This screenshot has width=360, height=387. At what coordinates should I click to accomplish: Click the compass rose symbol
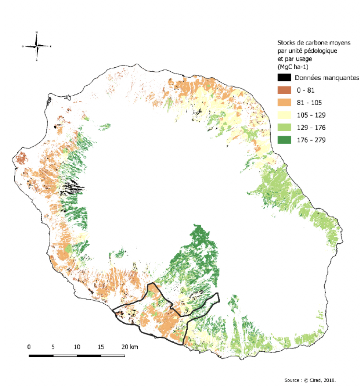(36, 46)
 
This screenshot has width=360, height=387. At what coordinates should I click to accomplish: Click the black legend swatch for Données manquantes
(284, 78)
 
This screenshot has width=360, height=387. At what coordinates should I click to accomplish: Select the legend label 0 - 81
(305, 90)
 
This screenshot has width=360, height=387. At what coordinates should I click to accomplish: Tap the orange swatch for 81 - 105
(284, 103)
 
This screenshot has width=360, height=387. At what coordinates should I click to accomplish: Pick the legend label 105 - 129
(311, 115)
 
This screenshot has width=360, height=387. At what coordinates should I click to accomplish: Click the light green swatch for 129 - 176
(284, 128)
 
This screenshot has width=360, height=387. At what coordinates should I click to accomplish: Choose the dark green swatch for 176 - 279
(284, 140)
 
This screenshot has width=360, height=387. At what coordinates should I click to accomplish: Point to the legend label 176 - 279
(311, 140)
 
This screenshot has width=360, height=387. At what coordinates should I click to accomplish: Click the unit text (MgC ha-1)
(293, 67)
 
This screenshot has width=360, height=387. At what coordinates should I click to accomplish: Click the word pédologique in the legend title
(322, 51)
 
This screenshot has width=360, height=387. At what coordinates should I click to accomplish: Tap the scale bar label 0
(29, 347)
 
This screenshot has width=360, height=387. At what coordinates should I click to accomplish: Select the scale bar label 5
(53, 347)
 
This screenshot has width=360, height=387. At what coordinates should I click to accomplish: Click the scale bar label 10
(77, 347)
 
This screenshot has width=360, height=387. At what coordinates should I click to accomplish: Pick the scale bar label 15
(101, 347)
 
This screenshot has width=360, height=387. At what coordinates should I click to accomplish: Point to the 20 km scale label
(130, 347)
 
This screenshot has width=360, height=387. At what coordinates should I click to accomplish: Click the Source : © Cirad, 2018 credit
(310, 380)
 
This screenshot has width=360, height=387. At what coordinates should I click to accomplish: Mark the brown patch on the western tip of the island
(22, 158)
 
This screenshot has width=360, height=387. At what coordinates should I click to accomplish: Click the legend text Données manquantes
(327, 78)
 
